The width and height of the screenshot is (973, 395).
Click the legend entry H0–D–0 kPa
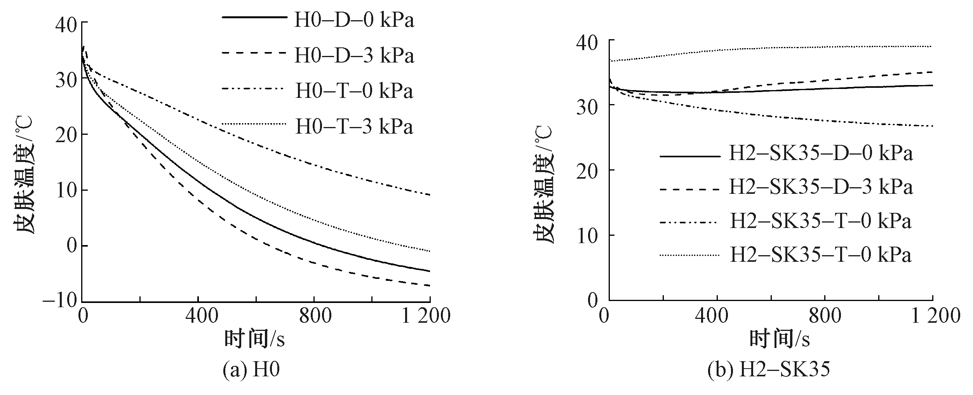(353, 20)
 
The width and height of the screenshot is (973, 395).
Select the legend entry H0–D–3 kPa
(353, 56)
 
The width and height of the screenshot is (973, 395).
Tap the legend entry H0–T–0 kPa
(353, 91)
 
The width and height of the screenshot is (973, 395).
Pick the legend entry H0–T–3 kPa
(353, 126)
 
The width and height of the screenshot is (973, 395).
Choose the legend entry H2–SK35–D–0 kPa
(821, 153)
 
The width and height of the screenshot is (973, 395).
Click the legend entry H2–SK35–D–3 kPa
(821, 187)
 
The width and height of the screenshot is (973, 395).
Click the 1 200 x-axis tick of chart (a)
(425, 316)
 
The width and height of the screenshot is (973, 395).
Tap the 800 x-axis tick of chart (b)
(824, 315)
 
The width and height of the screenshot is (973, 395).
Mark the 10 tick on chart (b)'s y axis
(587, 235)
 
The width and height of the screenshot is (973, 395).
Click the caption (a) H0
(251, 370)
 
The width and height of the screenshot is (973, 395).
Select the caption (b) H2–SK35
(768, 370)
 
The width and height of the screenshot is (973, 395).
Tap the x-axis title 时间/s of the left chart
(254, 339)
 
